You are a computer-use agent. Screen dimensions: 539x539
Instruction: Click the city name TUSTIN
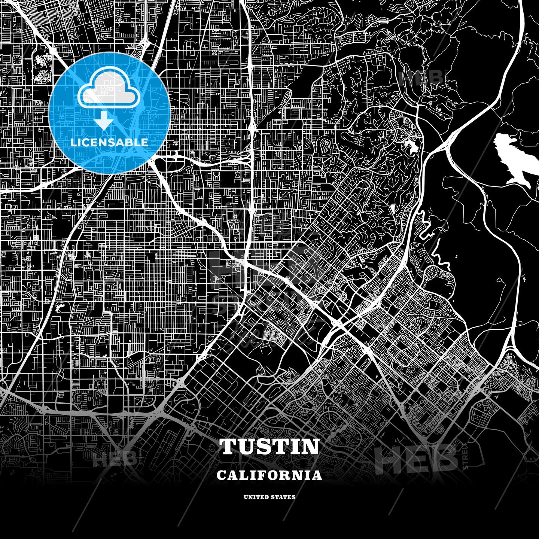(x=269, y=447)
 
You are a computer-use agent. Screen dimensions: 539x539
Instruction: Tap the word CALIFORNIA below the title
(x=269, y=475)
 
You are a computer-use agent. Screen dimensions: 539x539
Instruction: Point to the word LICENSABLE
(x=109, y=142)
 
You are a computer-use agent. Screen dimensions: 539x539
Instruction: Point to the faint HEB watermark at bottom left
(x=114, y=458)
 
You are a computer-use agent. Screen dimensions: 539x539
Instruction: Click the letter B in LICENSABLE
(x=128, y=142)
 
